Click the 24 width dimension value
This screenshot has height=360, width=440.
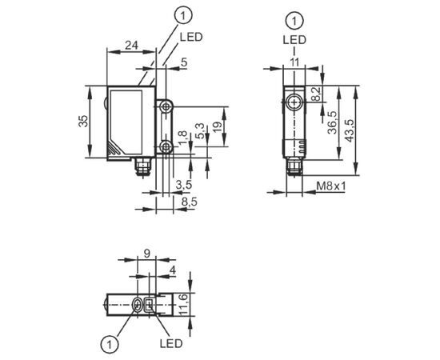(132, 45)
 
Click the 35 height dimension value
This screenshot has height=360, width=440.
(83, 121)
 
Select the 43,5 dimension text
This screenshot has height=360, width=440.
(349, 130)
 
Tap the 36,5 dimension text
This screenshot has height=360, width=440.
(333, 122)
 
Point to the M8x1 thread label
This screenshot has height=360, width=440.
(331, 186)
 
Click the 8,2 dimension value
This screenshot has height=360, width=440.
(316, 94)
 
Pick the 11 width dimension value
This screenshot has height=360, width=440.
(294, 62)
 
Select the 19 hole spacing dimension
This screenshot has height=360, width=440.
(217, 127)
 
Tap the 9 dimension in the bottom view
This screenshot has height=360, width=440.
(146, 254)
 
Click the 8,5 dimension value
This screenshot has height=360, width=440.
(190, 202)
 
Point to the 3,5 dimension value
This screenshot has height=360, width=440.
(184, 185)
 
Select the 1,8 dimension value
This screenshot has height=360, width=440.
(182, 138)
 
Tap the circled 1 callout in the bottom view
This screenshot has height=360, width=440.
(110, 343)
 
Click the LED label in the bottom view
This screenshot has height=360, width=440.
(171, 343)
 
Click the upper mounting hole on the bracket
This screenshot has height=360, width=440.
(166, 106)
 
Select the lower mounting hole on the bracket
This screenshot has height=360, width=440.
(166, 146)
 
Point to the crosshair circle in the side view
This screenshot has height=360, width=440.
(294, 103)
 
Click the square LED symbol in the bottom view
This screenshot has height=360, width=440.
(149, 305)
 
